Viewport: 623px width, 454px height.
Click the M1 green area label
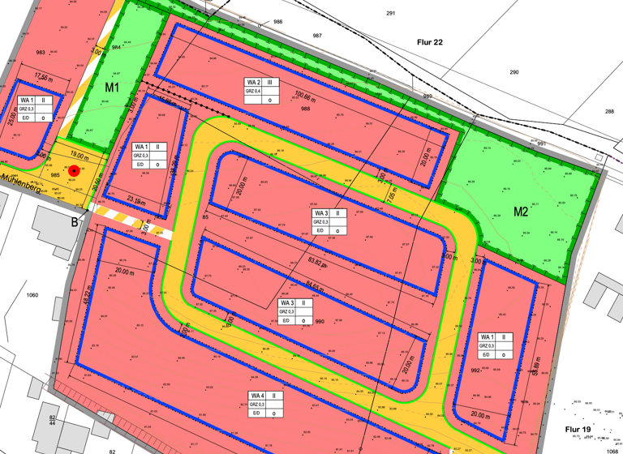pyautogui.click(x=112, y=87)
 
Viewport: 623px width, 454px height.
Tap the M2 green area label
pyautogui.click(x=520, y=212)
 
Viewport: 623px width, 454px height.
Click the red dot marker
pyautogui.click(x=74, y=171)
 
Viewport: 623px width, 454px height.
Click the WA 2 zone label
pyautogui.click(x=253, y=83)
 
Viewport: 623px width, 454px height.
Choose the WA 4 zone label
pyautogui.click(x=256, y=395)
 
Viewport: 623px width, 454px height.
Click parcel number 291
pyautogui.click(x=390, y=14)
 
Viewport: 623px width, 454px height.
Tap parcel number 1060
pyautogui.click(x=32, y=295)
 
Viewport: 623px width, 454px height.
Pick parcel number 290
pyautogui.click(x=513, y=72)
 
